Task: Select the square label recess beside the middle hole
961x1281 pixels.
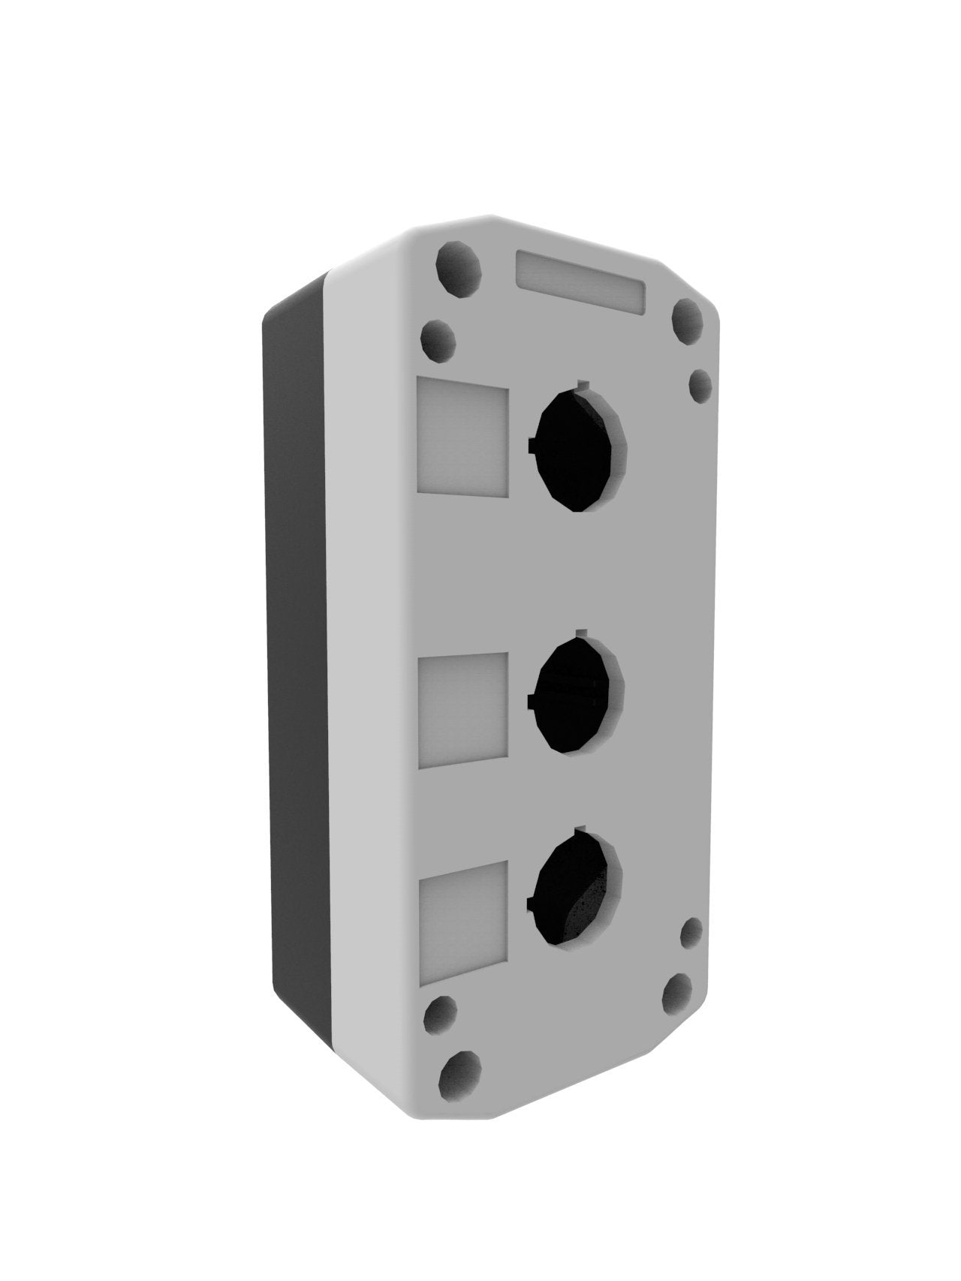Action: coord(462,710)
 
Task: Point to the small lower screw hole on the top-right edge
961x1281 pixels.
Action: coord(700,386)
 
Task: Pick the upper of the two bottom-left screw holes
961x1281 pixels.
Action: coord(441,1016)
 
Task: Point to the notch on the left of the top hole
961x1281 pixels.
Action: coord(532,447)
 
